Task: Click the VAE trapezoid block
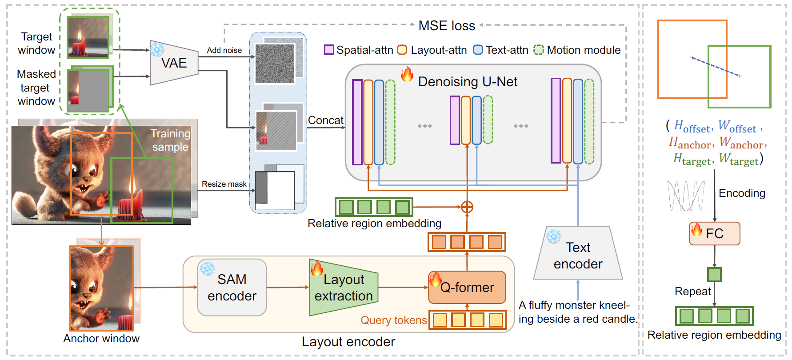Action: (x=174, y=63)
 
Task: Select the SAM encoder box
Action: (x=232, y=288)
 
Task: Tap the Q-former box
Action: (x=467, y=287)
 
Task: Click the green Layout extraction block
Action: (x=344, y=288)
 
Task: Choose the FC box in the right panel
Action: (x=715, y=233)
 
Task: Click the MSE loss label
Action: (x=447, y=26)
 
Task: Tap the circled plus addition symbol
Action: (x=467, y=207)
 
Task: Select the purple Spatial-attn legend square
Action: (x=329, y=50)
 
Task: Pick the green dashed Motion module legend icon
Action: (x=539, y=50)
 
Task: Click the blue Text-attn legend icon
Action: (x=478, y=50)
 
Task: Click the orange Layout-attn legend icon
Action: (x=402, y=50)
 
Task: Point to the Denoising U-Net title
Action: (x=468, y=82)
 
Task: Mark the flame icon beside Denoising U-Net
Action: (x=407, y=74)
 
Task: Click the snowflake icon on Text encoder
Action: (x=554, y=236)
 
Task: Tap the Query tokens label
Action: (x=394, y=320)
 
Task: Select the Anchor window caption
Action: (x=101, y=339)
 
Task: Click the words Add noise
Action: (x=224, y=50)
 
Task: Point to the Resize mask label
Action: (x=224, y=184)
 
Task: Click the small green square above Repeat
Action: (x=714, y=274)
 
